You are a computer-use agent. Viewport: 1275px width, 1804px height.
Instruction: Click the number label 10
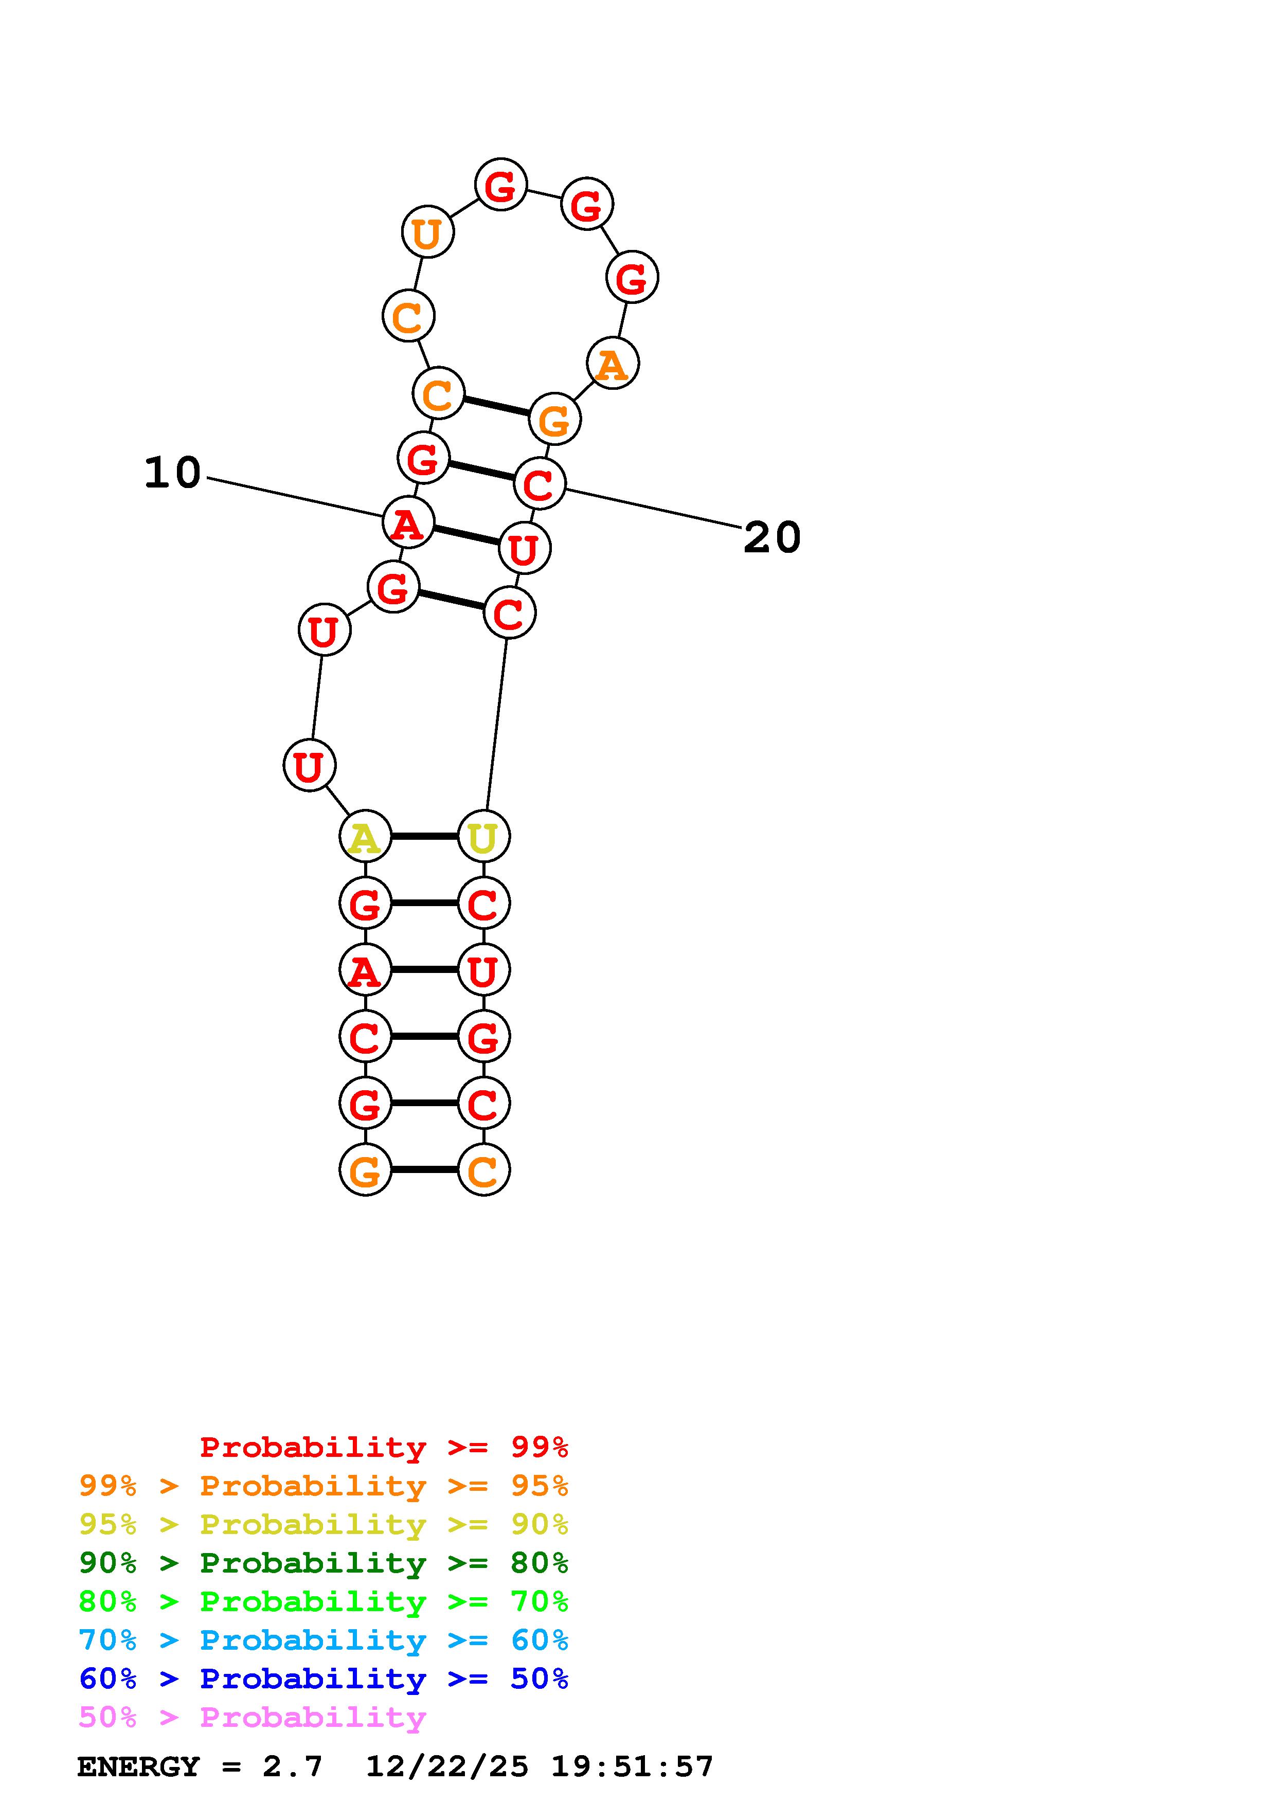point(173,473)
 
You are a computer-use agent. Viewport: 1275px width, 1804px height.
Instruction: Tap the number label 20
point(771,538)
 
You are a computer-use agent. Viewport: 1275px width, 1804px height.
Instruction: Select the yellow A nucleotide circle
point(365,836)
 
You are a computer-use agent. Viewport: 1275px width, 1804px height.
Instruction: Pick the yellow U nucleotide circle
point(483,836)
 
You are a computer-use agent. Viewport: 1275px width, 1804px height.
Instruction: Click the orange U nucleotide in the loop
point(427,232)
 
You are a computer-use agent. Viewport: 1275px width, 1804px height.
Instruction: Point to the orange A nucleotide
point(613,363)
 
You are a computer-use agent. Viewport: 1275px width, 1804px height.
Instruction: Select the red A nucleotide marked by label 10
point(408,522)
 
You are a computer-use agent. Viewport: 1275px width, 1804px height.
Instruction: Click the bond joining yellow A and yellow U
point(424,836)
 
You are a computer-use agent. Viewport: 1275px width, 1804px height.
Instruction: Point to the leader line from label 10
point(295,497)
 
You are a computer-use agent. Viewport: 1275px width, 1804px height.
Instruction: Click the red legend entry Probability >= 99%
point(383,1447)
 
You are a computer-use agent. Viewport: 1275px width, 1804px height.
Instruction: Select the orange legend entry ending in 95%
point(324,1486)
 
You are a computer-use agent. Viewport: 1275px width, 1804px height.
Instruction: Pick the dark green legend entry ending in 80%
point(324,1563)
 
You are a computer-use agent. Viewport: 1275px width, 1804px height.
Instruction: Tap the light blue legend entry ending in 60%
point(324,1640)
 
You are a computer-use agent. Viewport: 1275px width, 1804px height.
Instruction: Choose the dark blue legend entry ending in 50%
point(324,1679)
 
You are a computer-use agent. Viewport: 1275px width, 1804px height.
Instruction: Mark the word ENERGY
point(138,1766)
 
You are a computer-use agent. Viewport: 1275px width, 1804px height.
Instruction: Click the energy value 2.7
point(292,1766)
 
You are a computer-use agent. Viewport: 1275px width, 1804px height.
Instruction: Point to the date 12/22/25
point(447,1766)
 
